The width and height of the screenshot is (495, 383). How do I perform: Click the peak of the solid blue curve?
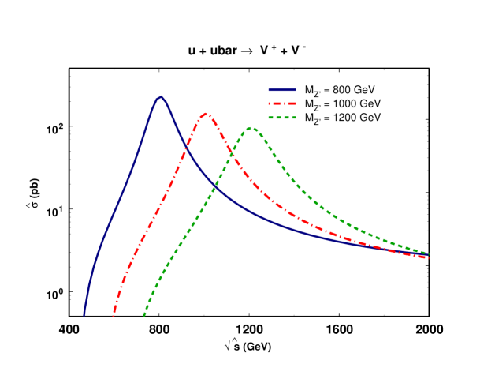(x=161, y=97)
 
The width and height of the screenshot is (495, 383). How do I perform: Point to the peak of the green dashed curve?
(x=251, y=127)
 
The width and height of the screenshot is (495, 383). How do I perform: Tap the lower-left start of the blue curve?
(x=84, y=315)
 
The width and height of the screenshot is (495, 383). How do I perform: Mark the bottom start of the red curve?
(x=114, y=317)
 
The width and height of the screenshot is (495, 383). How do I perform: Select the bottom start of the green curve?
(x=143, y=316)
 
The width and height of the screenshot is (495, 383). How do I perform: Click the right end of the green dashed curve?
(x=428, y=253)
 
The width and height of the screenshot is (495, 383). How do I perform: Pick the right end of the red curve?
(x=428, y=258)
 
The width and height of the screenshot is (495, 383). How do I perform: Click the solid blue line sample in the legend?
(x=281, y=89)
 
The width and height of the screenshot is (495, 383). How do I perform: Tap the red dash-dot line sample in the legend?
(x=281, y=103)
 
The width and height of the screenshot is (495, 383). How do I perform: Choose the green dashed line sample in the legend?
(x=281, y=118)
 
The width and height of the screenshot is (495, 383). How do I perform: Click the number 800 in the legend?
(x=341, y=89)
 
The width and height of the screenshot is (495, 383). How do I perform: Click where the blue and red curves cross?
(x=186, y=147)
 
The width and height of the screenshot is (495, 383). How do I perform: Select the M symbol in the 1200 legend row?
(x=309, y=118)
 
